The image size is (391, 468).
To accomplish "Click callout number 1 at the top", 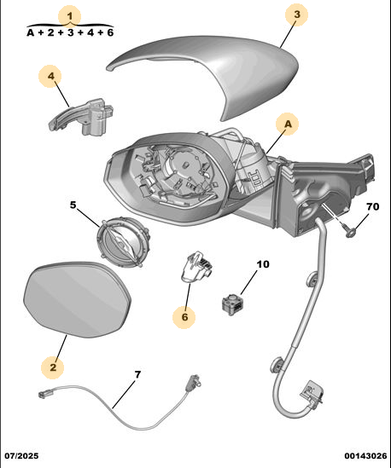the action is (x=70, y=16).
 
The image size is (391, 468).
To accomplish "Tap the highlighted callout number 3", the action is (x=296, y=14).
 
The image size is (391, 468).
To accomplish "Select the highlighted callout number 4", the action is (x=50, y=76).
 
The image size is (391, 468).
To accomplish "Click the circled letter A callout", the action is (x=288, y=124).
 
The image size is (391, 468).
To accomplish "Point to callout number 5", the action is (x=73, y=205).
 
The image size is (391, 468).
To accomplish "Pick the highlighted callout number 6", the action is (x=184, y=317).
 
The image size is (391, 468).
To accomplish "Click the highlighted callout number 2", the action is (x=53, y=367).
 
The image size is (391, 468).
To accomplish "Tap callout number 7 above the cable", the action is (x=137, y=375).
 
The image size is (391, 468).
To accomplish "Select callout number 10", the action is (x=263, y=264).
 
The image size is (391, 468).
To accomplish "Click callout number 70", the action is (x=372, y=206).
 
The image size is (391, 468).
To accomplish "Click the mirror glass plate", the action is (x=77, y=300).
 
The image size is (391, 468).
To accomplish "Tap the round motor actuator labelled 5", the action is (x=123, y=242).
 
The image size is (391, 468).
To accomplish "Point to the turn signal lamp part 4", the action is (x=81, y=117).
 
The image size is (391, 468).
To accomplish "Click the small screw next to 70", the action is (x=349, y=230).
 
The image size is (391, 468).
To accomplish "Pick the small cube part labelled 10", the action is (x=232, y=303).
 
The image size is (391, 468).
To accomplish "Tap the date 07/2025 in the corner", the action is (x=21, y=456).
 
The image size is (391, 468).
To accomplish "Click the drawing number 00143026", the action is (x=365, y=456).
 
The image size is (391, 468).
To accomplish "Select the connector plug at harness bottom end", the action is (x=312, y=394).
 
